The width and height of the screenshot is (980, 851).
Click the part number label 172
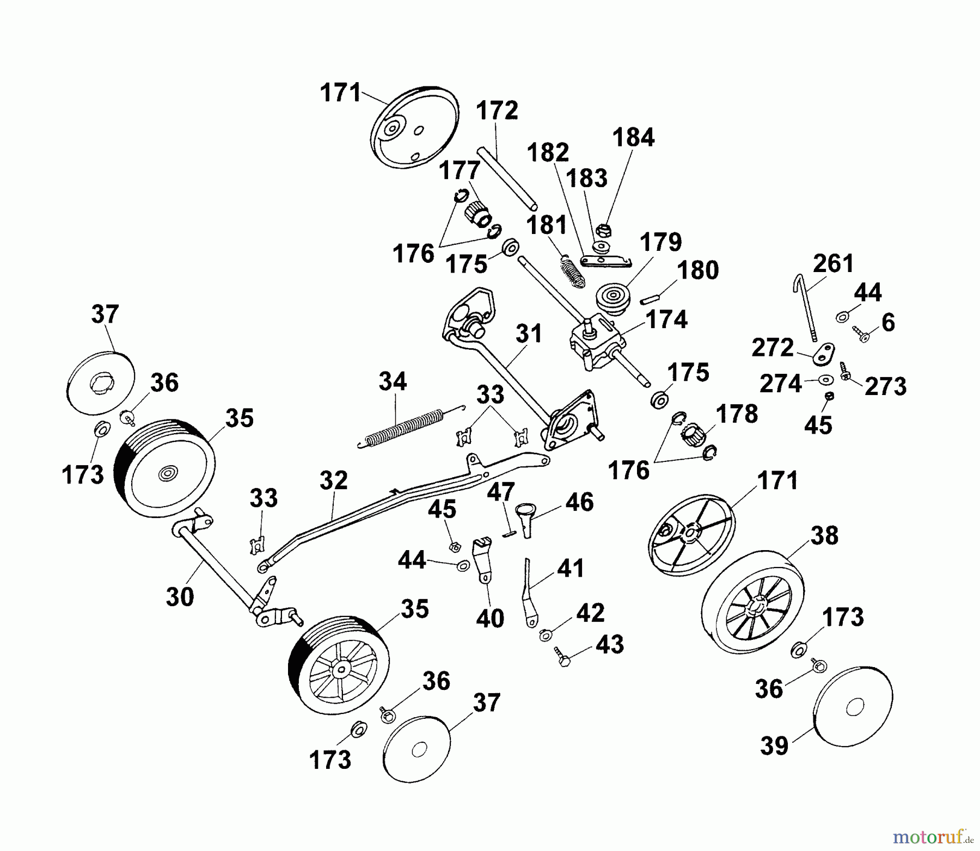497,111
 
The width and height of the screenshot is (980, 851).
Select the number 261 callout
834,263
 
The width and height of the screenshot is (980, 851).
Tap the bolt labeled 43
563,657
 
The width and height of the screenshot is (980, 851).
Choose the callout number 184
633,138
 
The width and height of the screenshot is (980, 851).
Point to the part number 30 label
180,597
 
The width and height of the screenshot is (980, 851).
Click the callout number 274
781,384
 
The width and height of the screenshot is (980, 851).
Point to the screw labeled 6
859,333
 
